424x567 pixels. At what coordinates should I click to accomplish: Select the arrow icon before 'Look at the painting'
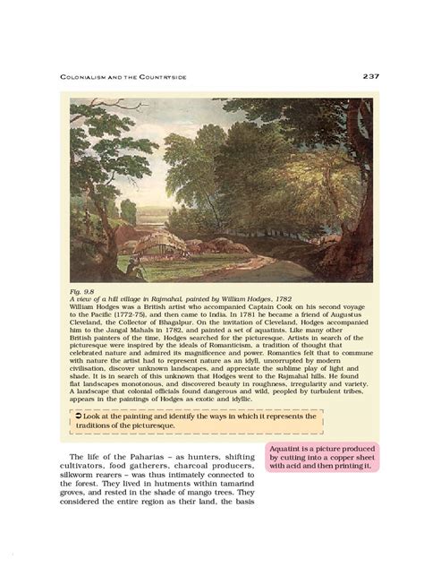(x=79, y=416)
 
